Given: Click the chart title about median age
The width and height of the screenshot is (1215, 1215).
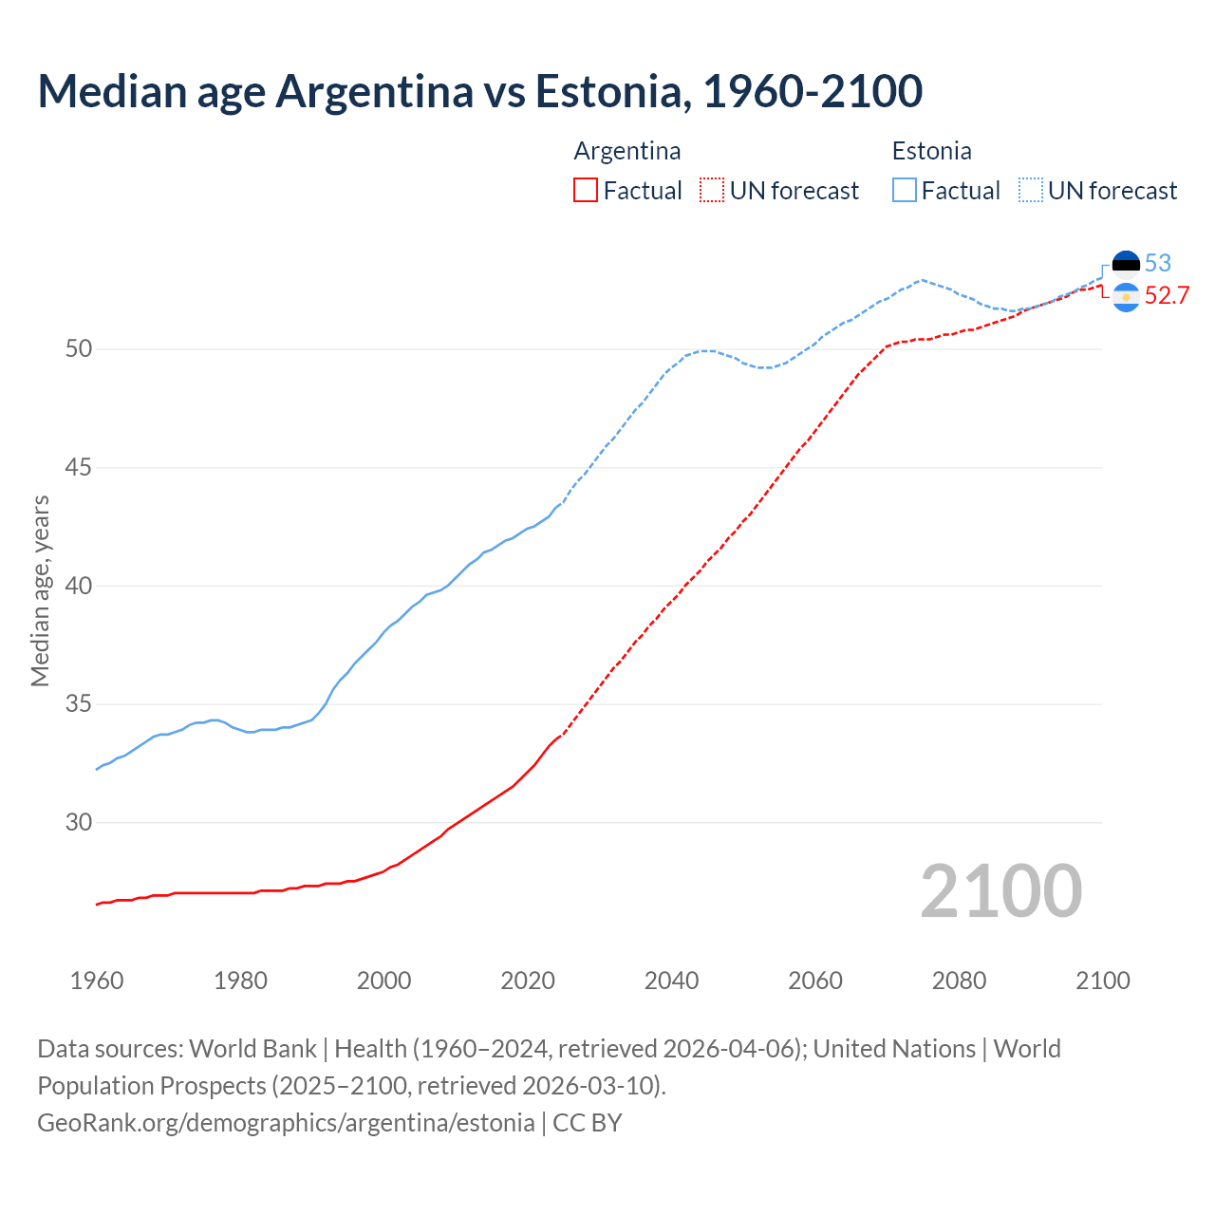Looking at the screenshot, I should click(479, 91).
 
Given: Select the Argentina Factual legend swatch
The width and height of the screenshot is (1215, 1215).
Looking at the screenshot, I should click(586, 191).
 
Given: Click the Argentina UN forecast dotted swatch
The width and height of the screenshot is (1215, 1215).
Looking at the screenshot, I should click(712, 191).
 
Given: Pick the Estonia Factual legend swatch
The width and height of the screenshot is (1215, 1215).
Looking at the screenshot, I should click(905, 191).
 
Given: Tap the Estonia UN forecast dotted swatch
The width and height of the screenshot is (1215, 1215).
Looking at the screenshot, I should click(1031, 191).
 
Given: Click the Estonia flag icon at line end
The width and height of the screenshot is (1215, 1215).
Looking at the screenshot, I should click(1126, 263).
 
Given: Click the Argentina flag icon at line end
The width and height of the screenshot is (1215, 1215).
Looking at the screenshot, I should click(1126, 297).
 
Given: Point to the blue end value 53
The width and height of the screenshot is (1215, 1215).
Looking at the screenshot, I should click(1158, 263).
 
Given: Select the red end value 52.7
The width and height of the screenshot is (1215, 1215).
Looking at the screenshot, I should click(1167, 296).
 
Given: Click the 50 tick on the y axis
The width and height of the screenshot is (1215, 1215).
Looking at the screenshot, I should click(79, 349).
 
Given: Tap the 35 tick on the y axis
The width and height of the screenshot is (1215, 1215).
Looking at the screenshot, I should click(79, 704).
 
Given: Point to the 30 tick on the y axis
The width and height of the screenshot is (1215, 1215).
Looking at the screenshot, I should click(79, 823).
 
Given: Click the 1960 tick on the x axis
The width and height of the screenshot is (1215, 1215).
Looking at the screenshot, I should click(97, 981).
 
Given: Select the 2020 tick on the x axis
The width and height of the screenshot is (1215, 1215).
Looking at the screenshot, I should click(528, 981).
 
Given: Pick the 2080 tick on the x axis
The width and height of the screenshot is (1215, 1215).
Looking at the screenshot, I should click(959, 981).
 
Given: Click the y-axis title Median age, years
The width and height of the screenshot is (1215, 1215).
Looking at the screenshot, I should click(40, 590).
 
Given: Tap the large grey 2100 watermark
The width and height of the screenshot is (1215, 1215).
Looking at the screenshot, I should click(1000, 891).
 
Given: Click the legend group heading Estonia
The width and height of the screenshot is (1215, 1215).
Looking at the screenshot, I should click(931, 151).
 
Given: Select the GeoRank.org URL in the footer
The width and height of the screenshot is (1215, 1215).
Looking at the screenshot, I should click(286, 1123).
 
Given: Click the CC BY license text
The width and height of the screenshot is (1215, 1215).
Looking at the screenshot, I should click(588, 1123).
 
